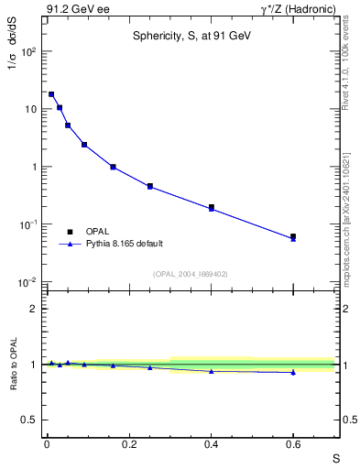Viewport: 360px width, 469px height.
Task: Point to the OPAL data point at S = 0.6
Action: pos(293,236)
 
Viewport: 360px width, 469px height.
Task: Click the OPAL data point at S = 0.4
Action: pos(211,207)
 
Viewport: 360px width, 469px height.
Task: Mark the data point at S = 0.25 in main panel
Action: pos(149,186)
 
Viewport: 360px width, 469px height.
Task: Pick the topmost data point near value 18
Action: pos(51,93)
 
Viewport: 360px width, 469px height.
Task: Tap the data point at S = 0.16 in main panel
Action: pos(113,167)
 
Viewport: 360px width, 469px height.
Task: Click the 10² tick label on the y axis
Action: pos(28,51)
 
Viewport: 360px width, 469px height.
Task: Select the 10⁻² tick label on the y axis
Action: pos(27,282)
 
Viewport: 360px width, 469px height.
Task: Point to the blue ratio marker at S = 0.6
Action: pos(293,372)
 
